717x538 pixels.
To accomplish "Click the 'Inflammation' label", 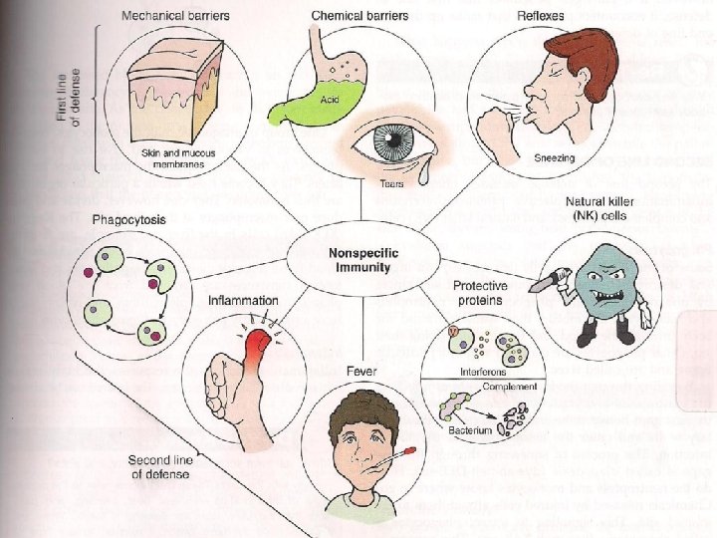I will (x=245, y=299).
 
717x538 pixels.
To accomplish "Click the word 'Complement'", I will (x=510, y=387).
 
